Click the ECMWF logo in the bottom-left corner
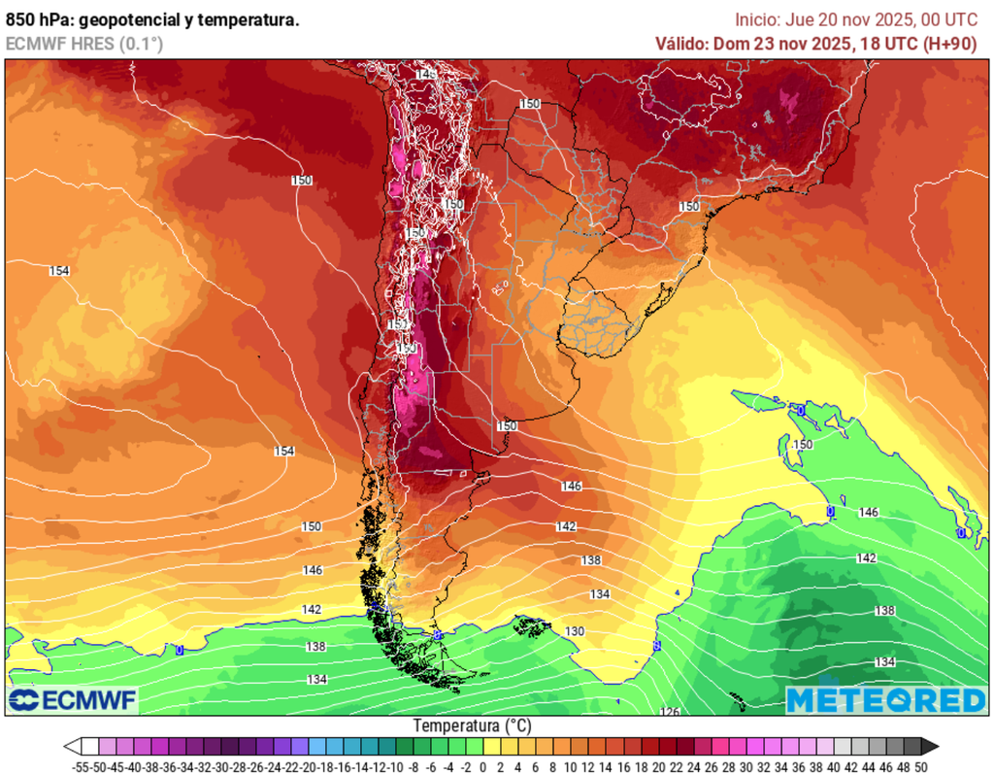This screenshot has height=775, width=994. pos(74,699)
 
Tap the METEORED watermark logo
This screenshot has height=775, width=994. pos(885,699)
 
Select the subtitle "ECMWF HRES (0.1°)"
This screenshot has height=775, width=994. pos(84,44)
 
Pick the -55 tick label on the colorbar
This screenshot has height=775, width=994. pos(81,767)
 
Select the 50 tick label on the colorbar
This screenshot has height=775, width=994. pos(920,767)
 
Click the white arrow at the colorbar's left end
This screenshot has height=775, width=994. pos(72,746)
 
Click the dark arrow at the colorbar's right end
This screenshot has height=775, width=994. pos(929,746)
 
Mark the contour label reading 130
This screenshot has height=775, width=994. pos(575,631)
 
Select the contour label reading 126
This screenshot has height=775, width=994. pos(671,712)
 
